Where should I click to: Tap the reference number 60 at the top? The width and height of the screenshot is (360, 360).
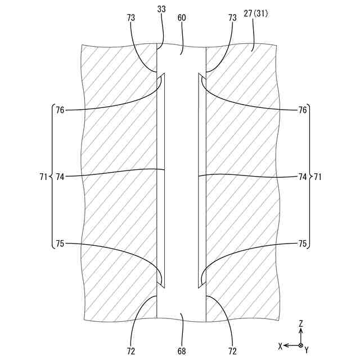pyautogui.click(x=182, y=17)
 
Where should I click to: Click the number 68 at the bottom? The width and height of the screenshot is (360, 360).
pyautogui.click(x=182, y=352)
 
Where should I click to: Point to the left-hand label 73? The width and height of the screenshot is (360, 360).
pyautogui.click(x=131, y=17)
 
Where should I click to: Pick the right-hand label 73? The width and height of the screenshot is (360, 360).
pyautogui.click(x=232, y=17)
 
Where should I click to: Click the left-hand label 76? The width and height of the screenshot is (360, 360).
pyautogui.click(x=60, y=110)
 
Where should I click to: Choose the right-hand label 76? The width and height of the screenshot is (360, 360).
pyautogui.click(x=303, y=110)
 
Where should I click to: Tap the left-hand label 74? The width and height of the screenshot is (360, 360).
pyautogui.click(x=60, y=177)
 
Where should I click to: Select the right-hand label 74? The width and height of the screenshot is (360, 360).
pyautogui.click(x=303, y=177)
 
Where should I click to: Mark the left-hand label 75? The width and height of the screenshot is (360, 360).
pyautogui.click(x=60, y=244)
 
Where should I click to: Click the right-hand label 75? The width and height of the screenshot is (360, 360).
pyautogui.click(x=303, y=244)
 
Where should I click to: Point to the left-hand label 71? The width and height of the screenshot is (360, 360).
pyautogui.click(x=44, y=177)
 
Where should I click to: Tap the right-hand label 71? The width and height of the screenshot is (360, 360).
pyautogui.click(x=318, y=177)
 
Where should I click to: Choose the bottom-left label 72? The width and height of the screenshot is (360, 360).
pyautogui.click(x=131, y=352)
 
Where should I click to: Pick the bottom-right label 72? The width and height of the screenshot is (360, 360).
pyautogui.click(x=232, y=352)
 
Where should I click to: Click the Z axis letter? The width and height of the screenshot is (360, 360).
pyautogui.click(x=301, y=323)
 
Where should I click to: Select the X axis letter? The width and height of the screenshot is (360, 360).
pyautogui.click(x=280, y=345)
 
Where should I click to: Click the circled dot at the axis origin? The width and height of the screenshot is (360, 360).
pyautogui.click(x=301, y=345)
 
